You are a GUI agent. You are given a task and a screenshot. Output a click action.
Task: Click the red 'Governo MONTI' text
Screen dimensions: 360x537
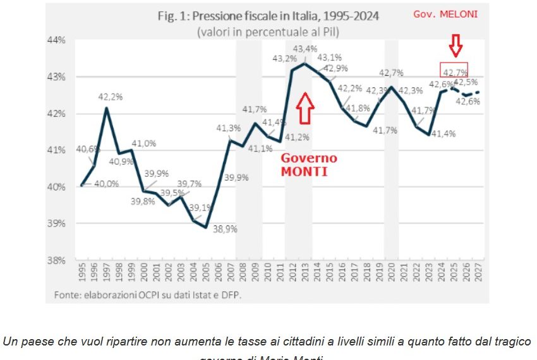tap(309, 164)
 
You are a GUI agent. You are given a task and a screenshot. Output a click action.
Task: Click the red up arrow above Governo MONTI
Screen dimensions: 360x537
tap(305, 107)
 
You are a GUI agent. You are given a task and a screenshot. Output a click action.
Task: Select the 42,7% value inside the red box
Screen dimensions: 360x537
tap(455, 73)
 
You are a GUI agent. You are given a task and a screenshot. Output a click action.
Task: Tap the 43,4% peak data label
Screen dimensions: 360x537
tap(305, 49)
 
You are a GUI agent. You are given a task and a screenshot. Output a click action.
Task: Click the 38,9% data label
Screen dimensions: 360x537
tap(225, 229)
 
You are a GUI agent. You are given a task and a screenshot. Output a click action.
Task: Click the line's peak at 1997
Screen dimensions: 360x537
tap(106, 108)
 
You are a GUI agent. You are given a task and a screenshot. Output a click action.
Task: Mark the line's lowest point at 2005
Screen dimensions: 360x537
tap(206, 227)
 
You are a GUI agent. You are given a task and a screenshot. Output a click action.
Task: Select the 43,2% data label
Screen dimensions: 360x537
tap(284, 58)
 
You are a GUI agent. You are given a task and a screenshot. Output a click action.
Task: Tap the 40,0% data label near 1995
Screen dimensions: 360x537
tap(107, 183)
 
